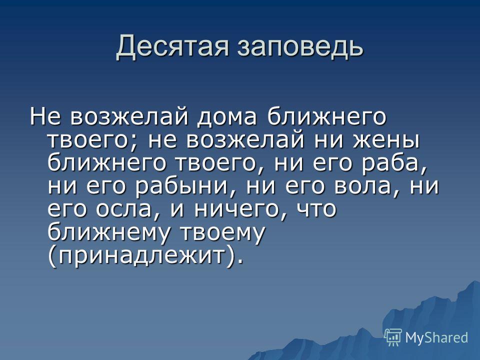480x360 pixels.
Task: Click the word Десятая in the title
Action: click(172, 47)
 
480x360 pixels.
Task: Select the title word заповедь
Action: click(300, 46)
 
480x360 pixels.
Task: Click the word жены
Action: click(386, 140)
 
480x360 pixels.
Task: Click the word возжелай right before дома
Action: click(128, 116)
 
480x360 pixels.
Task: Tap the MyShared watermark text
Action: click(436, 337)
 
